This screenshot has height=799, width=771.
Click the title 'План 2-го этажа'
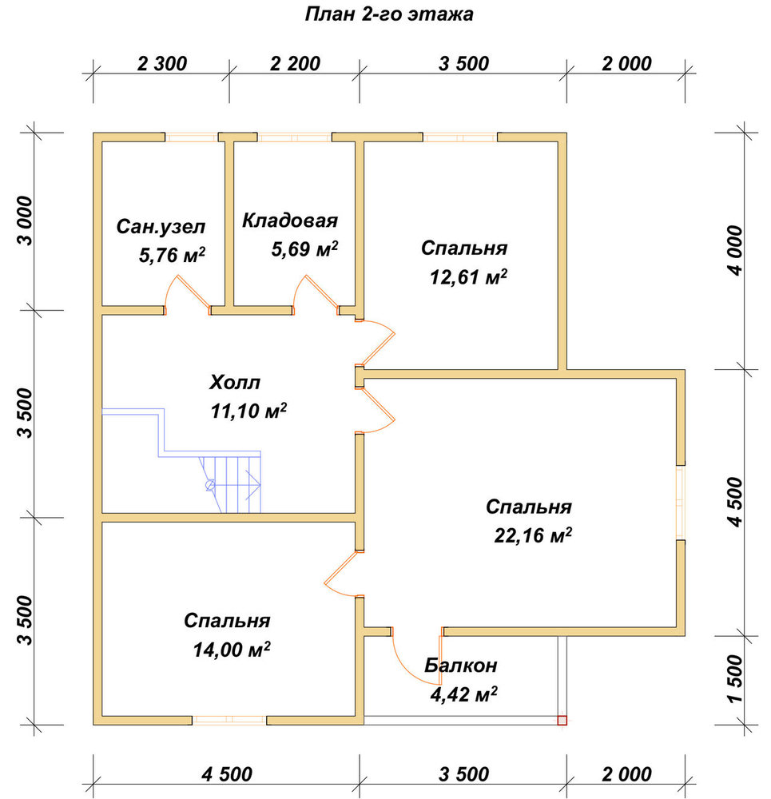click(389, 14)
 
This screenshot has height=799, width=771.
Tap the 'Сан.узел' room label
click(161, 227)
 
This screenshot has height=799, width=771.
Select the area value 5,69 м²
click(304, 248)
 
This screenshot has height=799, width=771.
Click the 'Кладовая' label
click(289, 221)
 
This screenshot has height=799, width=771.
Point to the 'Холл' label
click(234, 382)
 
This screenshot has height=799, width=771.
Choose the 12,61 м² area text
click(468, 276)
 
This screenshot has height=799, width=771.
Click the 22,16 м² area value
click(533, 535)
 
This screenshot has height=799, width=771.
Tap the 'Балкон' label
click(461, 666)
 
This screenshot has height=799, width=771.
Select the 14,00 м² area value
click(232, 649)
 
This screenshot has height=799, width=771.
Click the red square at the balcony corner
click(562, 720)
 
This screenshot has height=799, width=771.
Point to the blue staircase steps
click(230, 484)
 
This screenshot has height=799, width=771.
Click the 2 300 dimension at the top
click(162, 64)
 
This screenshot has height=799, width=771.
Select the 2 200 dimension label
click(295, 64)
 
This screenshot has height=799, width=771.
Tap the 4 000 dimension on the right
click(736, 250)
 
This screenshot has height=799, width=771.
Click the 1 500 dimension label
click(736, 678)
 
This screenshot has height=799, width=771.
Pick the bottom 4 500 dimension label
click(227, 774)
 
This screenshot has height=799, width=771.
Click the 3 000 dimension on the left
click(25, 221)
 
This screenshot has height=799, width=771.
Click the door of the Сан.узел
click(186, 295)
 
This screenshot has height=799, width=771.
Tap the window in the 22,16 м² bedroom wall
click(680, 502)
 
